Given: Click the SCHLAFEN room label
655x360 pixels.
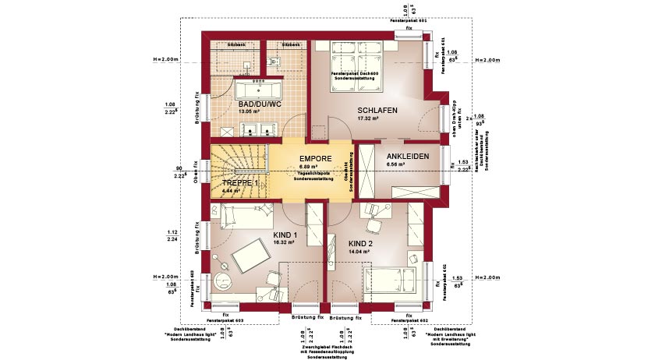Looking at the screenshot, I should [x=377, y=111].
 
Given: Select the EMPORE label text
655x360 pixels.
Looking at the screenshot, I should [x=316, y=158].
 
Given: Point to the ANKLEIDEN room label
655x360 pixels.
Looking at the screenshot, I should [x=408, y=157].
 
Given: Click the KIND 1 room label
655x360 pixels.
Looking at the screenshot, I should [x=286, y=234].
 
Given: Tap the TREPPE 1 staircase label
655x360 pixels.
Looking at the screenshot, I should [x=239, y=182].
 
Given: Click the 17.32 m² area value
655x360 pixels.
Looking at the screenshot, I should [x=367, y=119].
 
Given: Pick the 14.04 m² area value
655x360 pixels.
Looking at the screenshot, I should [x=359, y=252].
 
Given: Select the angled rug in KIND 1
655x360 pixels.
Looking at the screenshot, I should [x=251, y=256].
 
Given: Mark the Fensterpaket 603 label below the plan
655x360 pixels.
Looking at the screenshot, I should [x=228, y=320].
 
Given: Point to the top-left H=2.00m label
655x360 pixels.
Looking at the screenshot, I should [x=166, y=59].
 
